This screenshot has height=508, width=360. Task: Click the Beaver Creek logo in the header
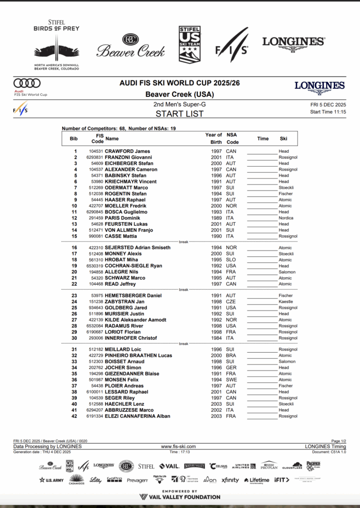click(x=131, y=46)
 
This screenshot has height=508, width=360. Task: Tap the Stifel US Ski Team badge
click(x=189, y=45)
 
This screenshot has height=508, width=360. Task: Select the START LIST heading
click(x=180, y=114)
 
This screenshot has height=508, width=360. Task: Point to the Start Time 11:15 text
click(x=328, y=112)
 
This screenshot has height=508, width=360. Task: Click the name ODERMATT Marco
click(x=127, y=188)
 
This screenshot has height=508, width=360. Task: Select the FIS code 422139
click(x=96, y=320)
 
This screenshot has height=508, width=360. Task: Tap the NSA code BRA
click(x=231, y=356)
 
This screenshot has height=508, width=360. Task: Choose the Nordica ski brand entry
click(x=286, y=218)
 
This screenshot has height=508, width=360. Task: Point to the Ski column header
click(x=283, y=139)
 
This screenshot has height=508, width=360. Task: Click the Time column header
click(x=263, y=139)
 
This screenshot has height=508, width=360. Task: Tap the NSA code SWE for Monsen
click(x=232, y=380)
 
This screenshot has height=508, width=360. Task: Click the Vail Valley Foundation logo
click(x=180, y=497)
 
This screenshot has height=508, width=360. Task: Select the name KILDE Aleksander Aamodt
click(x=135, y=320)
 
